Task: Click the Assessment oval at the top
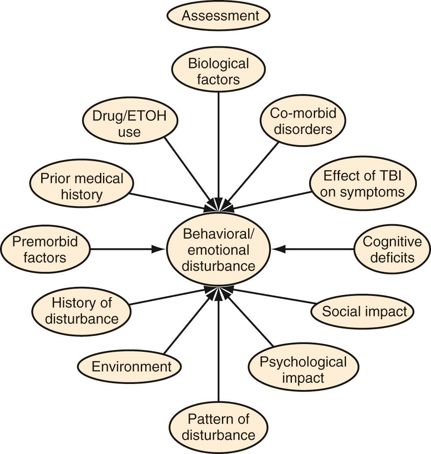point(218,16)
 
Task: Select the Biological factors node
point(218,71)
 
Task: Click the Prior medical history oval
point(82,186)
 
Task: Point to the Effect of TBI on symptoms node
point(363,183)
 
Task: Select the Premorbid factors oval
point(45,249)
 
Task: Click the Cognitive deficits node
point(392,249)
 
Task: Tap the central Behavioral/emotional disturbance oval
point(218,249)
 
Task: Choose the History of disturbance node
point(82,311)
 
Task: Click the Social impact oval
point(362,311)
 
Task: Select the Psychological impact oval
point(303,369)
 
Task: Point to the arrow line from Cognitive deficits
point(318,249)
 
